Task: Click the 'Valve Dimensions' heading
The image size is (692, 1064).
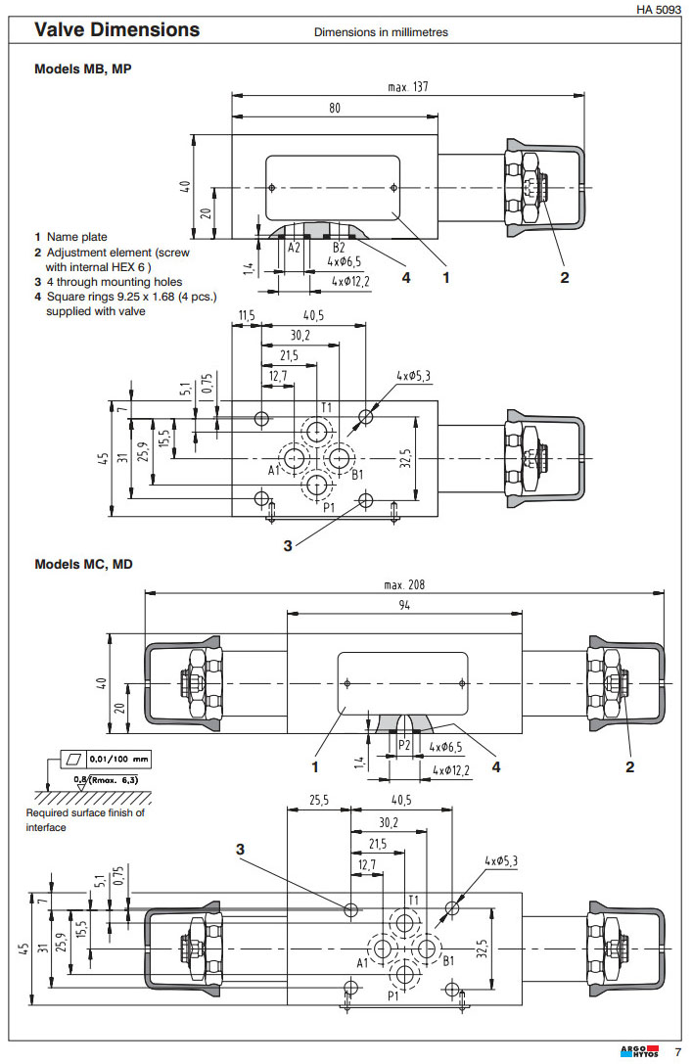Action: pos(116,30)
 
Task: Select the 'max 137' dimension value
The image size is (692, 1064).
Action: pos(407,87)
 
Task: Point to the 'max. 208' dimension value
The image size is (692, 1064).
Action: pos(405,584)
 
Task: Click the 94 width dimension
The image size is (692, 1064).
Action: pos(404,606)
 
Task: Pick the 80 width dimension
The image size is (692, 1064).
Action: pos(335,109)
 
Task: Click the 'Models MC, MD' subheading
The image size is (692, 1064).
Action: pos(83,564)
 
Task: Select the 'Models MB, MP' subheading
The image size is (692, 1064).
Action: pos(82,69)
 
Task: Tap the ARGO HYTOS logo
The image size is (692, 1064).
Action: pos(640,1052)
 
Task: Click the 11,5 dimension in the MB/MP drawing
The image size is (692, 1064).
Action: pos(246,316)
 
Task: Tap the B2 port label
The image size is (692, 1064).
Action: pos(338,248)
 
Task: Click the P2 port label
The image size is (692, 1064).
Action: pos(403,745)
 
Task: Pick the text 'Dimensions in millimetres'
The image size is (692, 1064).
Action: pos(381,32)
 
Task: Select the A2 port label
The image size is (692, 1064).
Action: pos(294,248)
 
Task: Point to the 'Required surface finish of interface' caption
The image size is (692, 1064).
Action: pos(85,819)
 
